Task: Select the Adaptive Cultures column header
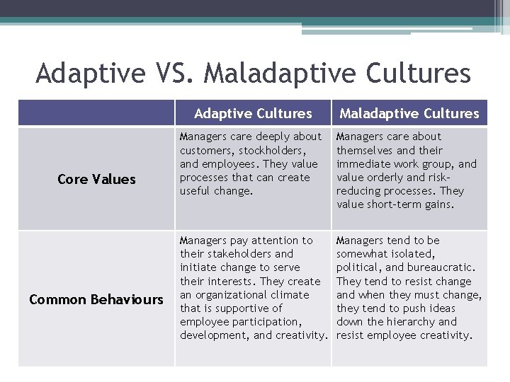253,113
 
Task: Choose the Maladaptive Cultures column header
409,113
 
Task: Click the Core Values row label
96,179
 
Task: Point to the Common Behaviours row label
96,299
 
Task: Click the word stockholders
274,150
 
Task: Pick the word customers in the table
206,150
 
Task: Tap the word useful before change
196,191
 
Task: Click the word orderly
387,178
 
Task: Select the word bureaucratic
441,267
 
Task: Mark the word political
361,267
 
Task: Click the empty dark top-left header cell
96,113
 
